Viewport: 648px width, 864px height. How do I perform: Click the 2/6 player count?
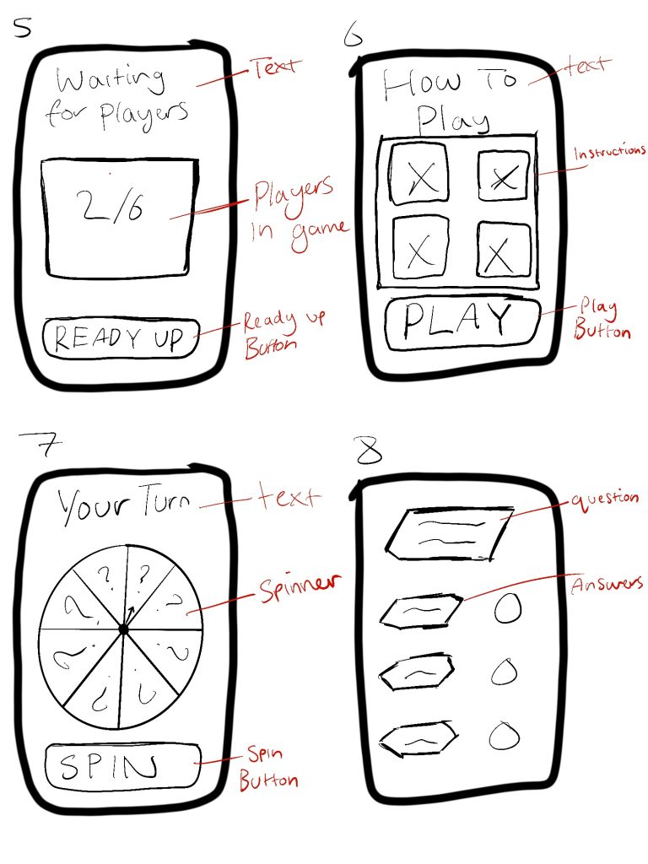coord(112,206)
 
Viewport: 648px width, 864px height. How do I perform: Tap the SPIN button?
coord(122,766)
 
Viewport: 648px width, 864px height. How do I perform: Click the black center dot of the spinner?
coord(123,629)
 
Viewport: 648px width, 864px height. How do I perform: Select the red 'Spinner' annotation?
coord(300,587)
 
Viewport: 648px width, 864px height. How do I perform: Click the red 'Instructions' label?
coord(609,152)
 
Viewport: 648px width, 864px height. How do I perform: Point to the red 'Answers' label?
coord(607,584)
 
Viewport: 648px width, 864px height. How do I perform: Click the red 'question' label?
coord(604,499)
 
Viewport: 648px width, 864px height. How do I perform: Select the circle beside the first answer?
coord(507,607)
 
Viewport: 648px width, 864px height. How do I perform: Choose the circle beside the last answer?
coord(505,736)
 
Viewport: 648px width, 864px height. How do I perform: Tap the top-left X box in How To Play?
coord(418,174)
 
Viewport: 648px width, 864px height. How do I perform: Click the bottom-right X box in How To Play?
coord(503,249)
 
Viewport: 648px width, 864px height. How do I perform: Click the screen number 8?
coord(369,451)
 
